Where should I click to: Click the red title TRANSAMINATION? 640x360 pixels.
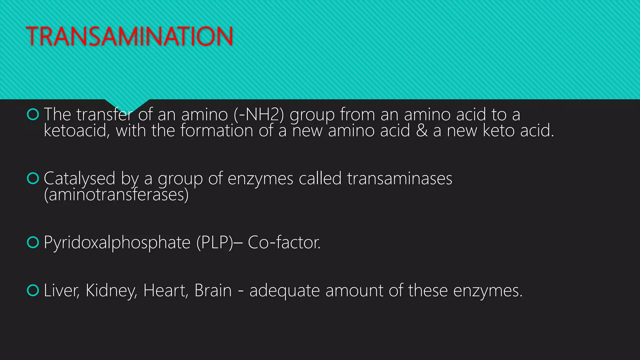[129, 36]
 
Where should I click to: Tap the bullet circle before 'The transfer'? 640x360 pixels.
[33, 114]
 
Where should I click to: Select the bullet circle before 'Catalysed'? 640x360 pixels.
[33, 178]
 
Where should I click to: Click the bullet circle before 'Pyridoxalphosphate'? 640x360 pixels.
[33, 242]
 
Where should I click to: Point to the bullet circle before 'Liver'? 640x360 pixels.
[33, 290]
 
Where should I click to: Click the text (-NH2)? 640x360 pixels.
[259, 114]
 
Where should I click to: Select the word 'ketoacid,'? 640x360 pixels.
[77, 130]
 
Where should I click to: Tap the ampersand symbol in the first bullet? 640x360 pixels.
[422, 130]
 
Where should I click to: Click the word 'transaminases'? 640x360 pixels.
[399, 178]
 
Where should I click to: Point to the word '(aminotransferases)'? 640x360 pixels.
[116, 194]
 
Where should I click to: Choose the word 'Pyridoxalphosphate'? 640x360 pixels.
[117, 242]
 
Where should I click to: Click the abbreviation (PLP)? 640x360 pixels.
[215, 242]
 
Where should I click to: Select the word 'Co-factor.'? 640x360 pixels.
[284, 242]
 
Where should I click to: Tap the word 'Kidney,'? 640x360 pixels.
[111, 291]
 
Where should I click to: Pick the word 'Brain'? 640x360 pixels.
[213, 290]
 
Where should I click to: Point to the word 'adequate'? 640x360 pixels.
[284, 291]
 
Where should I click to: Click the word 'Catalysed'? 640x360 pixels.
[79, 179]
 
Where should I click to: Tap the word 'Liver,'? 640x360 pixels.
[62, 290]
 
